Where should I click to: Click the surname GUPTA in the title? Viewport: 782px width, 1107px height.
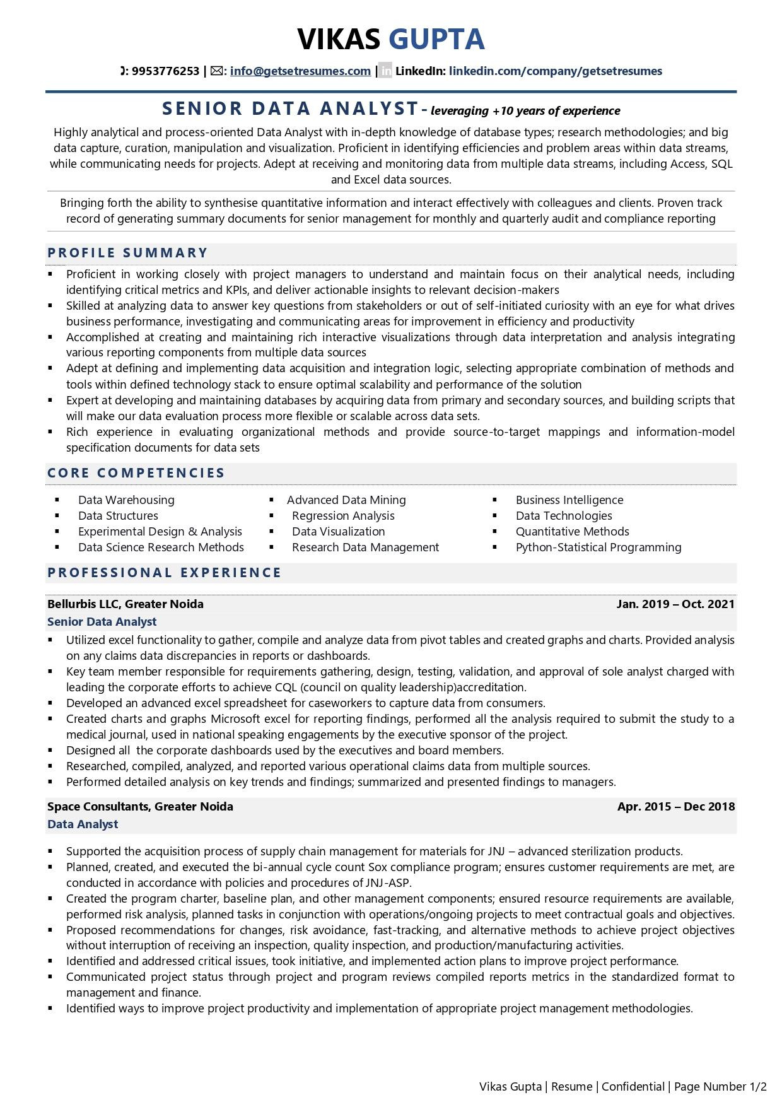pos(436,39)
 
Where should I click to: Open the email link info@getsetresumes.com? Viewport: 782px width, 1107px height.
pos(300,71)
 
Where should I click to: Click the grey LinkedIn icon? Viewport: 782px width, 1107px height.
pos(385,71)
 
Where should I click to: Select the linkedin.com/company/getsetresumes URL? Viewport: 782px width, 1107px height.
pos(555,71)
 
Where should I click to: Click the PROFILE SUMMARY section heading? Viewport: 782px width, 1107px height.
pos(127,253)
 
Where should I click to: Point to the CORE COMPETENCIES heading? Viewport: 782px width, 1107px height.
pos(136,473)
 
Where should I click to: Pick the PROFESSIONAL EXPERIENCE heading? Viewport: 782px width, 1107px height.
pos(165,573)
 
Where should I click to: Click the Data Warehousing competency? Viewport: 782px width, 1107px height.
pos(126,500)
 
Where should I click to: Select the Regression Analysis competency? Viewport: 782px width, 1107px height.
pos(343,516)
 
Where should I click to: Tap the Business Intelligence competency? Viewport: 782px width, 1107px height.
pos(569,500)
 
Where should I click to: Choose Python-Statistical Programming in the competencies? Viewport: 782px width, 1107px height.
pos(598,548)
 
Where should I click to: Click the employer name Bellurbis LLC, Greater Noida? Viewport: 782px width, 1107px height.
pos(125,604)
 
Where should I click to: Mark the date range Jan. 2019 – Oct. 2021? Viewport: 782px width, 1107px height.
pos(675,604)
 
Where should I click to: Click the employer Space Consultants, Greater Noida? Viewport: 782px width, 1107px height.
pos(140,807)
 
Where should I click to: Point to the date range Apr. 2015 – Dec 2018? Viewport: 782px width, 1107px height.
pos(676,807)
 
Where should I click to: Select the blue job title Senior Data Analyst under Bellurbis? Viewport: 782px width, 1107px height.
pos(102,622)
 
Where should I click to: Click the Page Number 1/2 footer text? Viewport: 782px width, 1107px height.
pos(720,1087)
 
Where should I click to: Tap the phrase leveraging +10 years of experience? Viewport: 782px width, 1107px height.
pos(525,111)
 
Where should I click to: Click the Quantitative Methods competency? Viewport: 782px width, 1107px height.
pos(572,532)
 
